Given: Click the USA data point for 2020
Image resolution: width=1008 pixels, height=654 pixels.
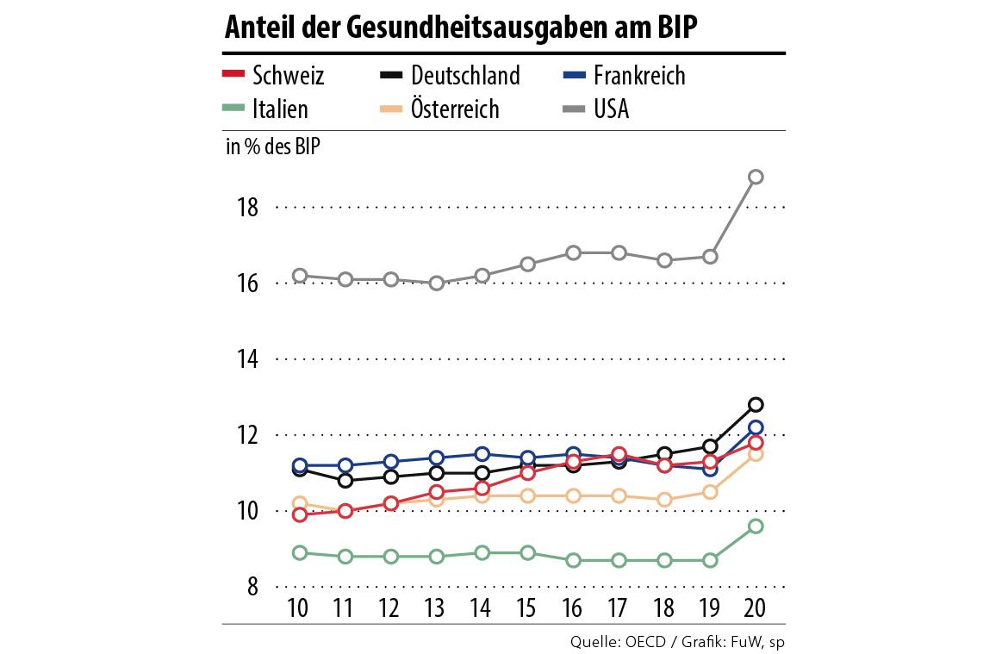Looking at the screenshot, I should [x=756, y=178].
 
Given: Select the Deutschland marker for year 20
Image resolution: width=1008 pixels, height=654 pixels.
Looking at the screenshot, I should [x=756, y=404].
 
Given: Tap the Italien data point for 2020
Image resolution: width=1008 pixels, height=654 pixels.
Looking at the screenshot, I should [x=756, y=526].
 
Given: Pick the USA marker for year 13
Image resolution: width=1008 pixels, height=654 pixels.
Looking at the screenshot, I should [x=437, y=283].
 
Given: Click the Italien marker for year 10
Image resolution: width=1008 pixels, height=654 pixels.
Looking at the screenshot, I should [x=300, y=552].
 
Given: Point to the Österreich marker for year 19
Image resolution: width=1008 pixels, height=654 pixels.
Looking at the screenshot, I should [x=711, y=492].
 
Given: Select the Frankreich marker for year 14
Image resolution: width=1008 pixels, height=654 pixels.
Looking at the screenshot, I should [x=482, y=454].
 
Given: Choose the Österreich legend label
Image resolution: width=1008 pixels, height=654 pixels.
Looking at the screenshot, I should [x=455, y=109].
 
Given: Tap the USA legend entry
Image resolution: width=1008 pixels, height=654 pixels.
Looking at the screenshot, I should [x=611, y=109].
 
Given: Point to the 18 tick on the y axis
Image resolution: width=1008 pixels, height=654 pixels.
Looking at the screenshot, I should [x=248, y=208].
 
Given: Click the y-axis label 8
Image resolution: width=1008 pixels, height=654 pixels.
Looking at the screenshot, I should [x=254, y=587].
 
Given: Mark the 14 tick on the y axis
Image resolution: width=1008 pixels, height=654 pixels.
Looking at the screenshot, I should [x=248, y=359].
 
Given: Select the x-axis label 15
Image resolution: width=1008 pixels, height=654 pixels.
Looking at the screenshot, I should [x=527, y=607].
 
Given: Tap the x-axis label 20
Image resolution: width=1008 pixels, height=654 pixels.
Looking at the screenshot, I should [x=756, y=607].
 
